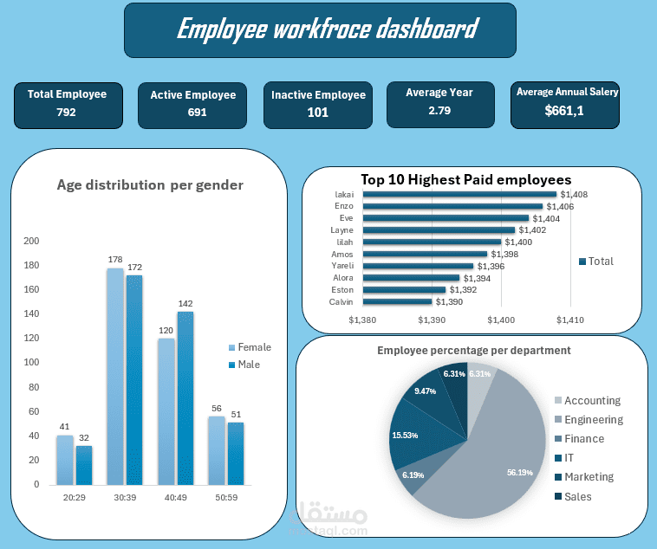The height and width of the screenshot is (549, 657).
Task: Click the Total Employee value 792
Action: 66,113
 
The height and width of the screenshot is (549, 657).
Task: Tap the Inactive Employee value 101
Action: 318,113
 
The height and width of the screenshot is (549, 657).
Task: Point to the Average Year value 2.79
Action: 439,111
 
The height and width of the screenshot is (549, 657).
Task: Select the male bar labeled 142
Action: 185,398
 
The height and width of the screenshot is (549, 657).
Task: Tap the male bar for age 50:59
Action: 235,454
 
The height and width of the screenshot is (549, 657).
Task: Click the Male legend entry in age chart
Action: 248,365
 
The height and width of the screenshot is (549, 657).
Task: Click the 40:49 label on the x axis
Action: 175,498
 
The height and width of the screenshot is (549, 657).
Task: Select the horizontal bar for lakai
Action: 459,195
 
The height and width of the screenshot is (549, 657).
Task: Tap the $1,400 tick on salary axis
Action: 501,320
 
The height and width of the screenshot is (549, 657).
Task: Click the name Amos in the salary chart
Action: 342,255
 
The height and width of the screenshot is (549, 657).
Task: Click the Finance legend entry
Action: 590,439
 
